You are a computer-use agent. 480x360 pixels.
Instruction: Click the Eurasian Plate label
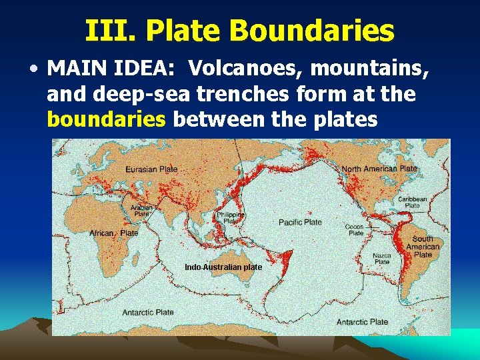[151, 169]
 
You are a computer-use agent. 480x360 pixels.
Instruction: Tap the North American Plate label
[379, 169]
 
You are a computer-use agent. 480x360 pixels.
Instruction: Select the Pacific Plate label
[300, 222]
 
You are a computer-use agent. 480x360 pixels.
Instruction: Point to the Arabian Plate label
[141, 211]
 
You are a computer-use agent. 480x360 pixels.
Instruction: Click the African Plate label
[114, 233]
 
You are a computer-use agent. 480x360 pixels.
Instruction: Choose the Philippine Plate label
[231, 217]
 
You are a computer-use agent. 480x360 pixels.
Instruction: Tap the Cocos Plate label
[355, 230]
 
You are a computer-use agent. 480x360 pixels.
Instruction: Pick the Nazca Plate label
[381, 259]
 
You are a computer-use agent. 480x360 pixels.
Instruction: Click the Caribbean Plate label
[413, 202]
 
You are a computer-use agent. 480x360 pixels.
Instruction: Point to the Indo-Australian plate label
[223, 267]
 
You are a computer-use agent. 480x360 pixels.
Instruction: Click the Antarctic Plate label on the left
[148, 312]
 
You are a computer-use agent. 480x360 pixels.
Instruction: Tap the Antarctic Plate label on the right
[362, 322]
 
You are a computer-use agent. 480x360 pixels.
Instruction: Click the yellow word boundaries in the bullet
[107, 119]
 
